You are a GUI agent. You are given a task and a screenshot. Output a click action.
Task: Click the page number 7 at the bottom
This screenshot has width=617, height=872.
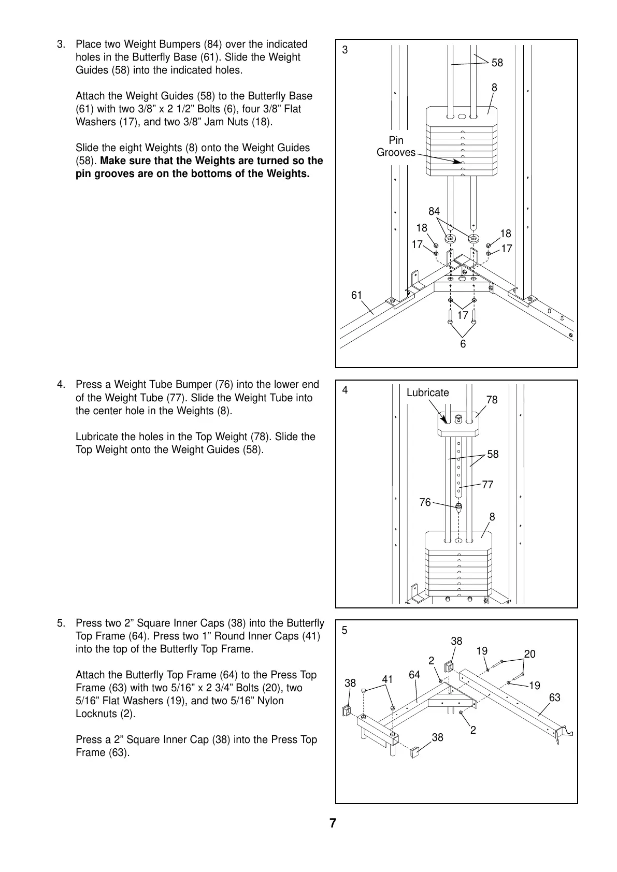click(x=333, y=823)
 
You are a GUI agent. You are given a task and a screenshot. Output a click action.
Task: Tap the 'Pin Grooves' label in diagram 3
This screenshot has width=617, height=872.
click(x=396, y=147)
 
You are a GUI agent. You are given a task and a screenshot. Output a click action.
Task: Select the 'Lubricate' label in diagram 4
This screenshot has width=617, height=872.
click(x=427, y=393)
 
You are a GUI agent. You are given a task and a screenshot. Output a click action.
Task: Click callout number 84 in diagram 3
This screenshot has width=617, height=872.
click(x=434, y=211)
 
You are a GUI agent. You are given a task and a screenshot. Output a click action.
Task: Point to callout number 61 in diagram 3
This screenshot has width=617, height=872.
click(x=356, y=295)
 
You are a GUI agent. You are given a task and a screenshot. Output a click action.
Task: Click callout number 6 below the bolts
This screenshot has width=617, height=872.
click(x=463, y=344)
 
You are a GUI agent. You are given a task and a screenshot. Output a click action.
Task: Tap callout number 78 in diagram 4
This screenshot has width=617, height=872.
click(x=492, y=400)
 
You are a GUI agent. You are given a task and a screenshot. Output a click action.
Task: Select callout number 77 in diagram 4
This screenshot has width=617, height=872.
click(x=487, y=485)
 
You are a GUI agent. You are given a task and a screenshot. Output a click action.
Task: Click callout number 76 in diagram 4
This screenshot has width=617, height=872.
click(x=425, y=502)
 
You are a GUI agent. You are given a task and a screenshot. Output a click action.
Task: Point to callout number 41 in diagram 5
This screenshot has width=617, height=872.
click(x=388, y=679)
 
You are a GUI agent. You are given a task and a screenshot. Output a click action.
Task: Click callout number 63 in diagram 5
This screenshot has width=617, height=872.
click(x=554, y=697)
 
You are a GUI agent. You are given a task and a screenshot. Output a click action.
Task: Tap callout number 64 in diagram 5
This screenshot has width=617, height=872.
click(x=414, y=675)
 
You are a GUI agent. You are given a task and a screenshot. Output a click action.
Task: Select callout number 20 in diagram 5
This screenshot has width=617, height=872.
click(x=529, y=654)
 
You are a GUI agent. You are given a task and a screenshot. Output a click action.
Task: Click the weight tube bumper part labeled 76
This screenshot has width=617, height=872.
click(x=458, y=507)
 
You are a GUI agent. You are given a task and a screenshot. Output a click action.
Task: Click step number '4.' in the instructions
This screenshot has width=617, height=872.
click(x=61, y=385)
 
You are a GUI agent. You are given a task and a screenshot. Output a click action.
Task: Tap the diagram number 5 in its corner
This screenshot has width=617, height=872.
click(x=345, y=631)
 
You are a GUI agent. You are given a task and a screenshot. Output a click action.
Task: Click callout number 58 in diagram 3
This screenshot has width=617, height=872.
click(x=497, y=63)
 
